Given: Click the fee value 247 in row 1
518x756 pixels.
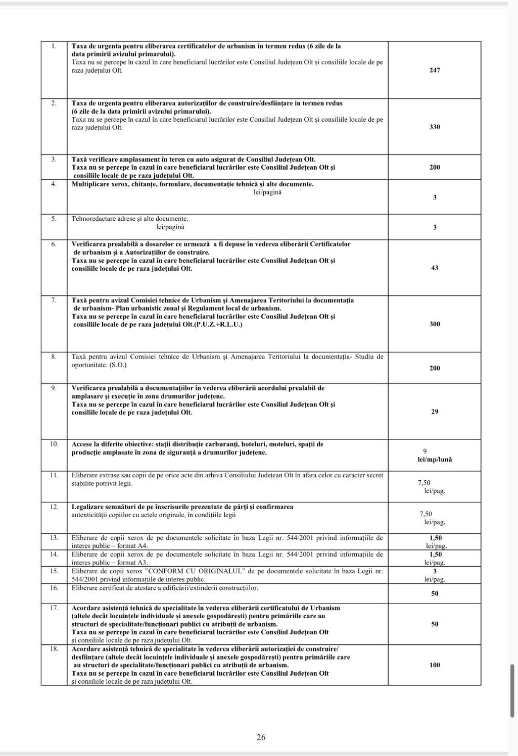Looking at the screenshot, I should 435,70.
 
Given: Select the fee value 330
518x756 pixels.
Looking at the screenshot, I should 435,127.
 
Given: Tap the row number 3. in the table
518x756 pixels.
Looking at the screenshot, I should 54,159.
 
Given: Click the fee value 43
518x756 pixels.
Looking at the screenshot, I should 435,268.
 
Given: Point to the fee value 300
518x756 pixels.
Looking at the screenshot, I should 435,324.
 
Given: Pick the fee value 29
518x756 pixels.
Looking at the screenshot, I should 435,412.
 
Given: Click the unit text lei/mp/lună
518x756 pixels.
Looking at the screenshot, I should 431,460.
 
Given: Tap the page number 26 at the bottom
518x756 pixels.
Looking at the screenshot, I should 261,737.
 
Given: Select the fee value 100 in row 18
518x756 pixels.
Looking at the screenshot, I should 435,665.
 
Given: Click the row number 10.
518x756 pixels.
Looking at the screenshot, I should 54,444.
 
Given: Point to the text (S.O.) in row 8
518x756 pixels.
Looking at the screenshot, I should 118,365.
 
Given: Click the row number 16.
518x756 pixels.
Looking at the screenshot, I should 54,588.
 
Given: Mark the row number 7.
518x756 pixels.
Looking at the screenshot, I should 54,300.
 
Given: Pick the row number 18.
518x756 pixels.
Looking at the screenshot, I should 54,648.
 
